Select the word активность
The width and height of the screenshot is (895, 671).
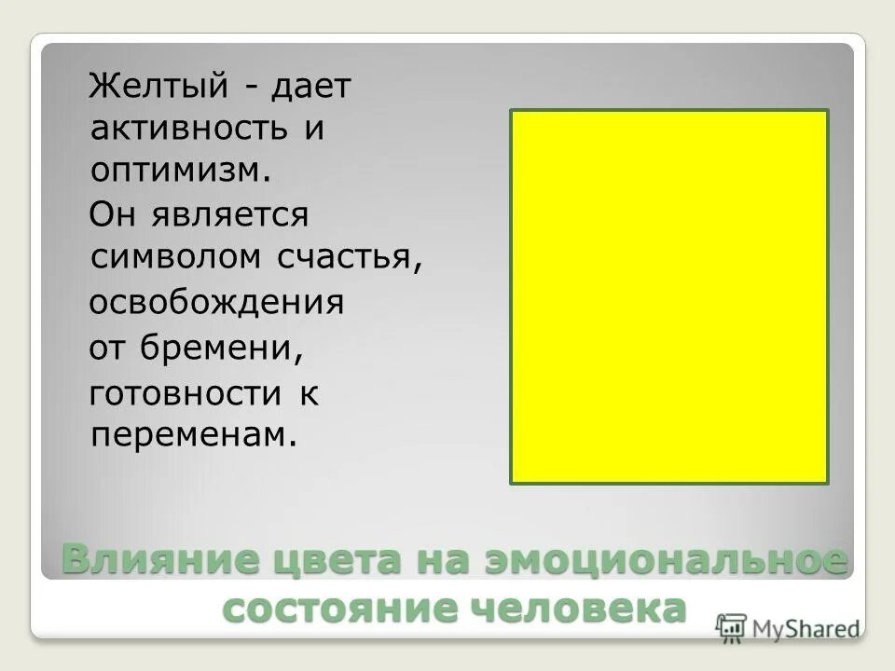click(188, 130)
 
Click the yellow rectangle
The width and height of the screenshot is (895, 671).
click(668, 296)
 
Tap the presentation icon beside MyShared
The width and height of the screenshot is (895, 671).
click(732, 629)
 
